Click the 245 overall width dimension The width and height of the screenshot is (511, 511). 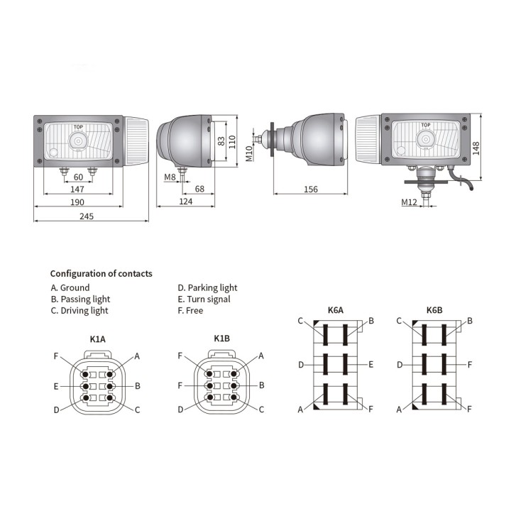click(x=87, y=216)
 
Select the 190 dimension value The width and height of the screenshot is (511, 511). click(x=77, y=202)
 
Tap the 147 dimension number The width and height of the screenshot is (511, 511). click(x=77, y=189)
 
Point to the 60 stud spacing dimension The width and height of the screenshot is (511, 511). click(x=78, y=177)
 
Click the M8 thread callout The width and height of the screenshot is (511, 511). click(x=170, y=177)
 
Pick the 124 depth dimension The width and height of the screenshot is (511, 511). click(x=186, y=202)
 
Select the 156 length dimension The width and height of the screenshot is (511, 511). click(x=311, y=189)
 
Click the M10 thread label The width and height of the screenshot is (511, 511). click(x=249, y=153)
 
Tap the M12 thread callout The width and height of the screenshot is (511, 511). click(x=409, y=202)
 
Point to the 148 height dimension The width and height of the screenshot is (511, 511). click(x=476, y=148)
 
